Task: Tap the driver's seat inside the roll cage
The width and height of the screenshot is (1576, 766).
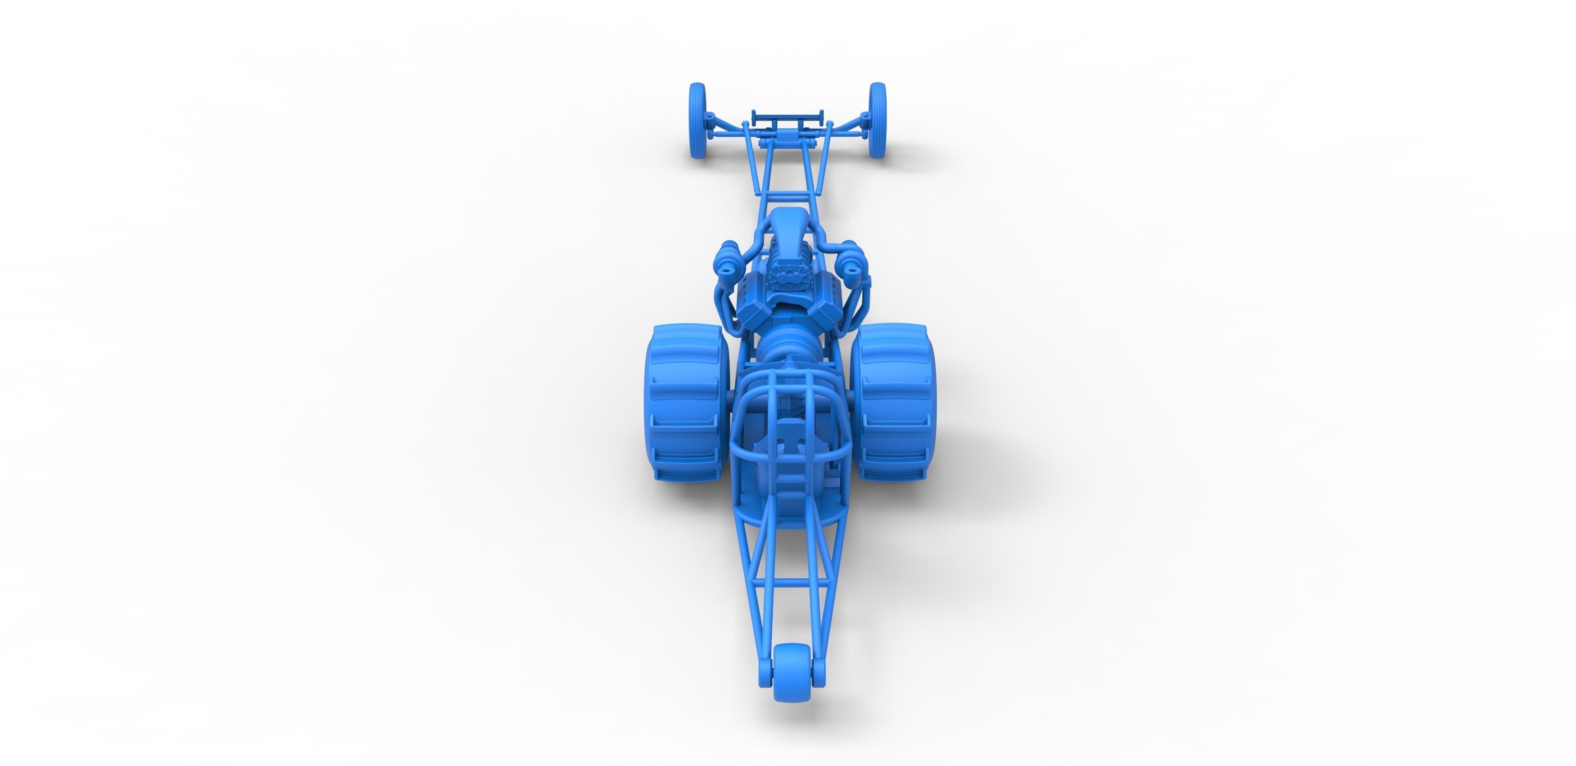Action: point(789,465)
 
